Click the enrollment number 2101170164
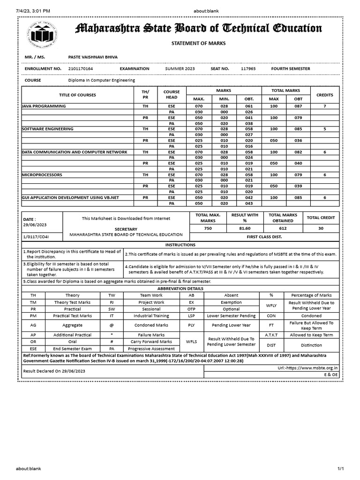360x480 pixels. [81, 69]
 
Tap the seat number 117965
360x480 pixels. [248, 69]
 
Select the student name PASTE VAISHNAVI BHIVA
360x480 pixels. [93, 57]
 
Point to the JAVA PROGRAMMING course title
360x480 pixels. [44, 106]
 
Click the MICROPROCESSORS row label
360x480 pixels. [42, 175]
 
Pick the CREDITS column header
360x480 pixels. [324, 95]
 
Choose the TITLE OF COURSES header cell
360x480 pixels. [77, 95]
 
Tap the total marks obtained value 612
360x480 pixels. [280, 228]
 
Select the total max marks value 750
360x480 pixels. [207, 228]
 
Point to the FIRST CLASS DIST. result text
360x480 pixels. [265, 237]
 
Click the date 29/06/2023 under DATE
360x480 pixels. [34, 225]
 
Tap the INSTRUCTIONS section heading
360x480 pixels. [180, 245]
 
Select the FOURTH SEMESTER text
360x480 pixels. [290, 69]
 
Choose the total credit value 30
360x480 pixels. [320, 228]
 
